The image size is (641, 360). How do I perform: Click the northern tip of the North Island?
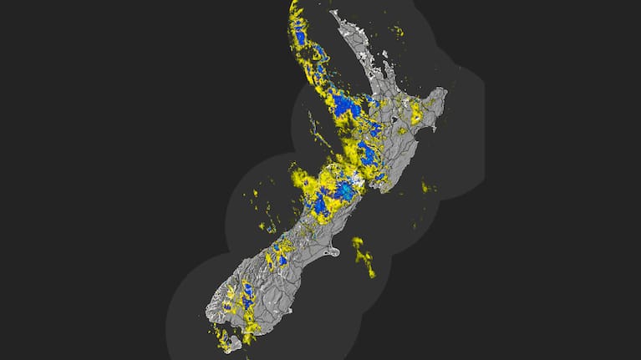(x=333, y=13)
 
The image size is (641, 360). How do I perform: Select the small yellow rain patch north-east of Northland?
(x=398, y=32)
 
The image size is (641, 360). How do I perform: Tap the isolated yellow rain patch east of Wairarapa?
(x=427, y=187)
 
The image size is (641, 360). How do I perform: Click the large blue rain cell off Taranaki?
(x=345, y=106)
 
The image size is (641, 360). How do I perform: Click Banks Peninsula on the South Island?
(x=332, y=251)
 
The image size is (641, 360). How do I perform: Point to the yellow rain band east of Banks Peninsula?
(x=364, y=255)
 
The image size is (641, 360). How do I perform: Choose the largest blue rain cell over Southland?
(x=247, y=293)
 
